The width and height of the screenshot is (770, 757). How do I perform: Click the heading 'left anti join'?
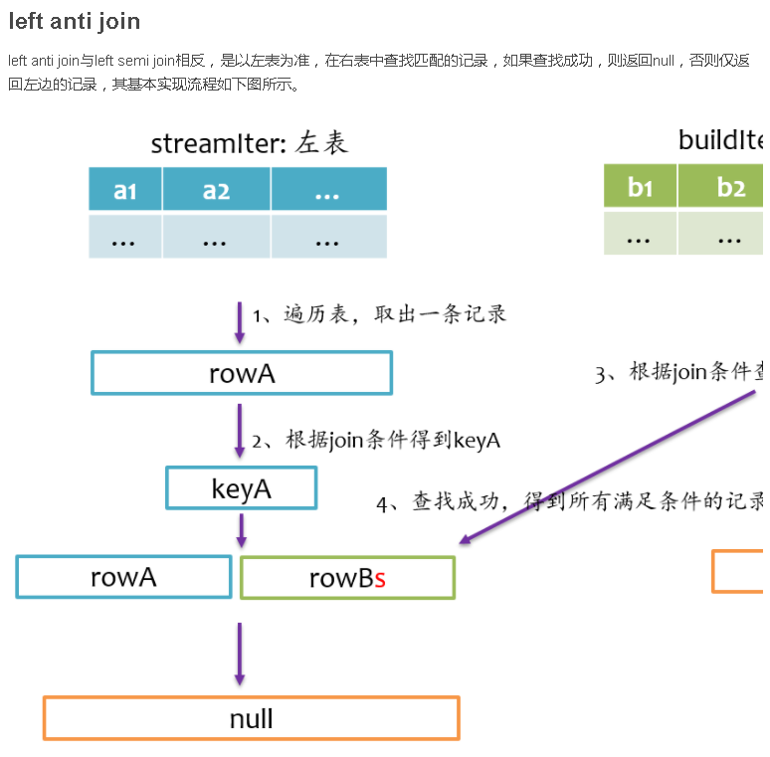click(x=75, y=21)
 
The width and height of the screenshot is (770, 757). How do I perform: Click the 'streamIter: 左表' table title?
click(x=250, y=143)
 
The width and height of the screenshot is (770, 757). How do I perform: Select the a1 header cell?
click(x=125, y=189)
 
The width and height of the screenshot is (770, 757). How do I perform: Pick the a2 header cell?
click(x=216, y=189)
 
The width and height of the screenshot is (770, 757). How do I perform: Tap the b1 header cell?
click(x=640, y=186)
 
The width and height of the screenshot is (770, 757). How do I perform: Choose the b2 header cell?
click(x=731, y=186)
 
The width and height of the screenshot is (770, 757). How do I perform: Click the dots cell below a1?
click(x=125, y=238)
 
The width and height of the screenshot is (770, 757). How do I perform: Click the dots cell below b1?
click(x=640, y=235)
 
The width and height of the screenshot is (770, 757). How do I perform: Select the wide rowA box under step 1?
click(x=242, y=373)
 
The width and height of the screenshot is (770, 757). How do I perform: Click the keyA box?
click(x=241, y=488)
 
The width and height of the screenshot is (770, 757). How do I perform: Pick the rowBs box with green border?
click(x=347, y=578)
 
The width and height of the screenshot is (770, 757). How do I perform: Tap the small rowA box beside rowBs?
click(x=123, y=577)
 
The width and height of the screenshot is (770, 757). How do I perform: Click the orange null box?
click(x=251, y=718)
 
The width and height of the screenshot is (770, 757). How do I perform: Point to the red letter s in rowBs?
click(x=380, y=579)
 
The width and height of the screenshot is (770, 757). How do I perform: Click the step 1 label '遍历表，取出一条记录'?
click(x=380, y=314)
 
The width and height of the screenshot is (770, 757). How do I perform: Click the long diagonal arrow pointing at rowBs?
click(x=607, y=468)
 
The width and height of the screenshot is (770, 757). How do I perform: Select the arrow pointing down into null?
click(x=239, y=654)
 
